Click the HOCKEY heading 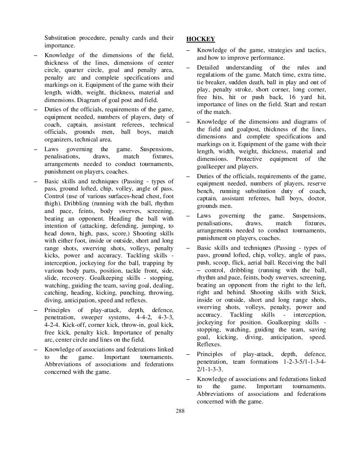200,39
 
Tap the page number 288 180,410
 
